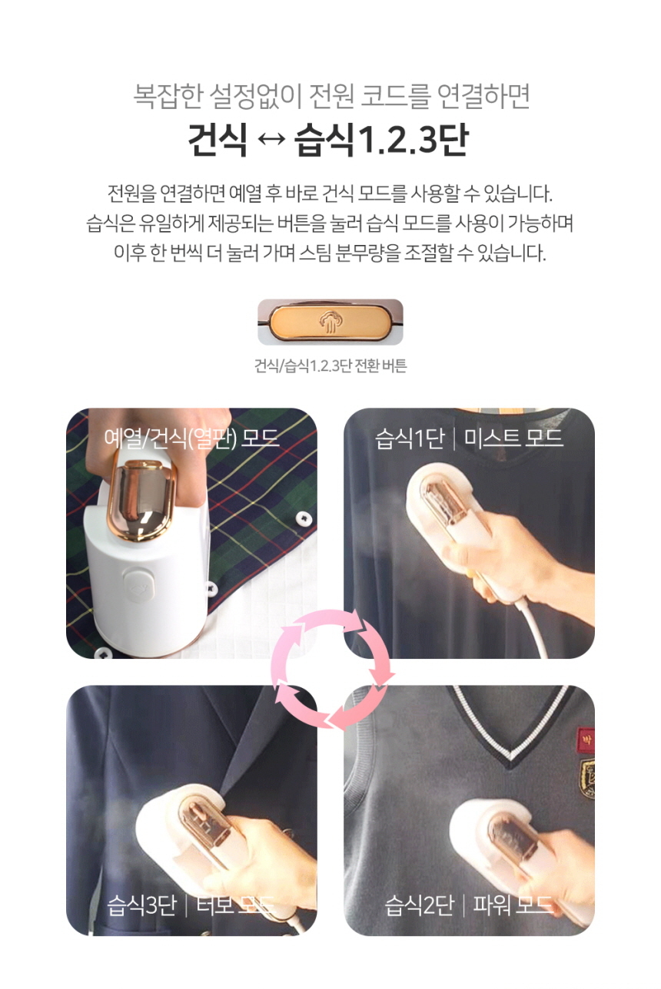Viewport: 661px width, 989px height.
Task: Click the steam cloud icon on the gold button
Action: pos(330,322)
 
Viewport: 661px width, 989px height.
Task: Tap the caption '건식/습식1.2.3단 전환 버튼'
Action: pos(330,365)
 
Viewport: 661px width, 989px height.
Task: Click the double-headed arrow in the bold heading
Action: pos(271,140)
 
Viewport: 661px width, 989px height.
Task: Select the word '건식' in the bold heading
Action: pos(218,140)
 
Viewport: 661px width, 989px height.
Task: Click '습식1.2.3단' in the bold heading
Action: pos(382,140)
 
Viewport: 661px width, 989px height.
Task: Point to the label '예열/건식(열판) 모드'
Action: pos(191,438)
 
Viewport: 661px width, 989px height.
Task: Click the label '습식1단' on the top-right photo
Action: pos(410,438)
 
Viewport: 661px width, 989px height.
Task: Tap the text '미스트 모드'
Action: pos(514,438)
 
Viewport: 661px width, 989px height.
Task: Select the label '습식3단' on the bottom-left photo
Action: pos(141,905)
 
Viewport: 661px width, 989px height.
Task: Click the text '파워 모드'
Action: pos(513,905)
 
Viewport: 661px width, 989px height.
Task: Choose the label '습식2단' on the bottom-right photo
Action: pos(420,905)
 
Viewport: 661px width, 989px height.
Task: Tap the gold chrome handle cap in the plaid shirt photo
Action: pos(141,499)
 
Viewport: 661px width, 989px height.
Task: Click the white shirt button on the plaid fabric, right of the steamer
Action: pos(304,517)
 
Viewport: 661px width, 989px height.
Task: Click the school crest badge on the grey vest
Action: pos(587,779)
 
